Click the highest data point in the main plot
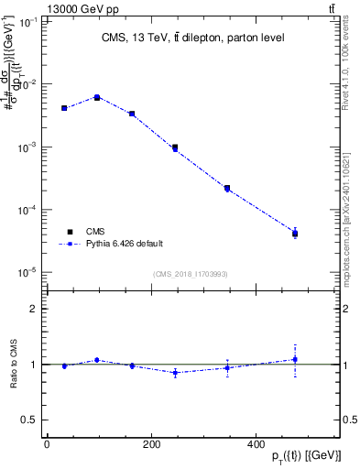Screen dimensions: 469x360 pyautogui.click(x=97, y=97)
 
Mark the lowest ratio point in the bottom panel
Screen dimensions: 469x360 pyautogui.click(x=175, y=373)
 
